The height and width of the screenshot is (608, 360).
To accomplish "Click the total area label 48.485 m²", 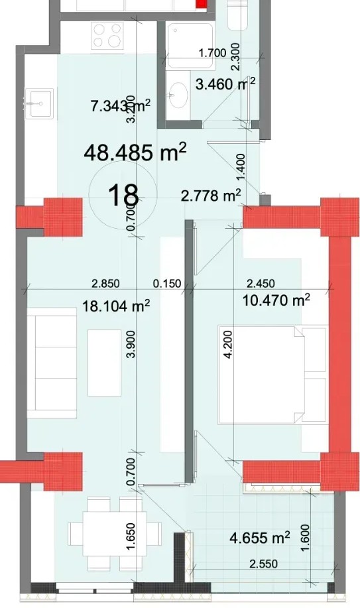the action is (135, 152).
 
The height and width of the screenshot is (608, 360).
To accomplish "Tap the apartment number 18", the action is (123, 195).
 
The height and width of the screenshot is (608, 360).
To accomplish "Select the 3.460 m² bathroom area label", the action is (225, 84).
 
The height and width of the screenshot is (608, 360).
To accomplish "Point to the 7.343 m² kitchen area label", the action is (120, 105).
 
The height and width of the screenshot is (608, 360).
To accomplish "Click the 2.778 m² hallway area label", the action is (211, 196).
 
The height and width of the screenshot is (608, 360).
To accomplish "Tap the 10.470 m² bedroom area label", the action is (276, 300).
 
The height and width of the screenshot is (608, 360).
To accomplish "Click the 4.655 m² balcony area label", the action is (260, 538).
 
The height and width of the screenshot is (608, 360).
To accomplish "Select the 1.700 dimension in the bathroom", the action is (212, 53).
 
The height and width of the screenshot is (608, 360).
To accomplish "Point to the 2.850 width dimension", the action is (105, 284).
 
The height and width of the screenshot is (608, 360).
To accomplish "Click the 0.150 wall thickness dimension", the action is (167, 284).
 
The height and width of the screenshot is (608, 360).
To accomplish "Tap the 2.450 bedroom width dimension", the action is (261, 284).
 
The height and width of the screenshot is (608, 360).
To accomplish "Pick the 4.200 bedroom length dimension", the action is (228, 344).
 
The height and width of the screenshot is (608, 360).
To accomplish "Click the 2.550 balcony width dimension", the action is (263, 564).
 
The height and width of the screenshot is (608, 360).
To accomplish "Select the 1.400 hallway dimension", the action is (241, 166).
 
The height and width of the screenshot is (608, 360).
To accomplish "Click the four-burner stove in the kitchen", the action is (107, 35).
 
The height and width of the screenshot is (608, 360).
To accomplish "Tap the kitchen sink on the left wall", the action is (39, 103).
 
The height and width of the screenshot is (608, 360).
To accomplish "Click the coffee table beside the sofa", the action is (104, 363).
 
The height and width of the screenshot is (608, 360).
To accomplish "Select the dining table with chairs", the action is (115, 534).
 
